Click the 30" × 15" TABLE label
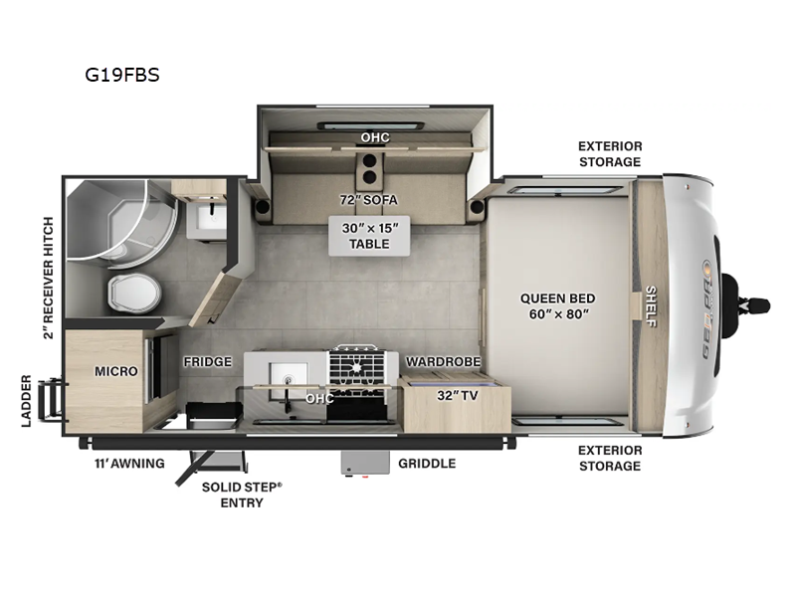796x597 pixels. (369, 236)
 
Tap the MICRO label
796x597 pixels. (115, 371)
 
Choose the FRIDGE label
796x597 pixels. (207, 361)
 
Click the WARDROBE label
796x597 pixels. (443, 361)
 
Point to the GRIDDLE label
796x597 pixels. (427, 463)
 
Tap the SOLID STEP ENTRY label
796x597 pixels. (242, 495)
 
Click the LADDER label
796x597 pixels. (27, 400)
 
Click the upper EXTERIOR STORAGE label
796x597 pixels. (610, 153)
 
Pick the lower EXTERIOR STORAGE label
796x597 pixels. (610, 458)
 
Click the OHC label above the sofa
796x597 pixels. (375, 136)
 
